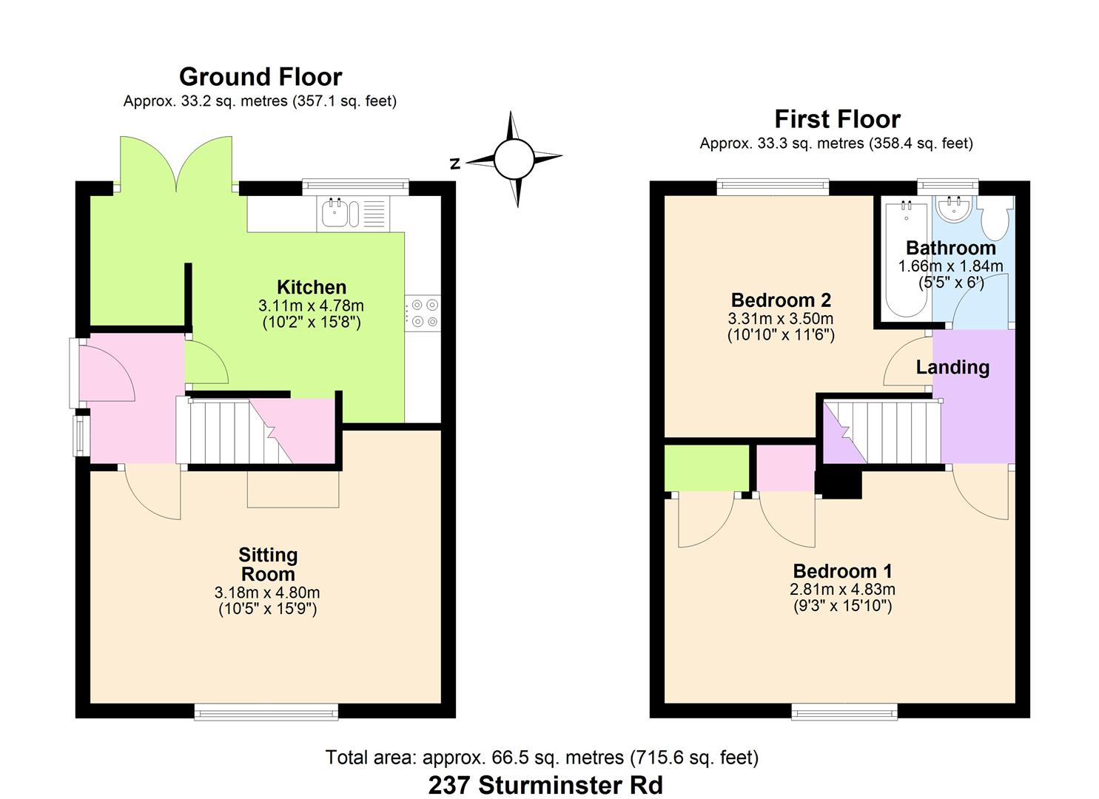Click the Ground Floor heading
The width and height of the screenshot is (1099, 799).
[x=261, y=77]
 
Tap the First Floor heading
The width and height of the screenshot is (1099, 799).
[x=838, y=119]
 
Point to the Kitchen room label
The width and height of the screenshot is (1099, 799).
[x=312, y=287]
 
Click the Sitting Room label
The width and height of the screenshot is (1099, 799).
[x=268, y=564]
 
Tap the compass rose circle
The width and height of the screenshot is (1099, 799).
[x=514, y=158]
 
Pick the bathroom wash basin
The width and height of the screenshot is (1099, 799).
[x=954, y=209]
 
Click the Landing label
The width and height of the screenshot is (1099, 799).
[x=952, y=368]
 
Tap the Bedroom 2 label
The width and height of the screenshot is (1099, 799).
[x=781, y=300]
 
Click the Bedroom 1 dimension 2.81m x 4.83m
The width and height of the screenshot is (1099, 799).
[x=842, y=589]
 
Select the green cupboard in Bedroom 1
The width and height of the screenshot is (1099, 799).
[x=707, y=468]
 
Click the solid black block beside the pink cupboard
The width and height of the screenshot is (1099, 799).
[x=838, y=484]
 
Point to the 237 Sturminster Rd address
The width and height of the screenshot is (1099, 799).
[x=545, y=785]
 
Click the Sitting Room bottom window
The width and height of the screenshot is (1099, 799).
[x=266, y=711]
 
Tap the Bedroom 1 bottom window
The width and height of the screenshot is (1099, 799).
[x=844, y=711]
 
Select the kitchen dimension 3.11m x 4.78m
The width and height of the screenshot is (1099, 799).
[x=311, y=306]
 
